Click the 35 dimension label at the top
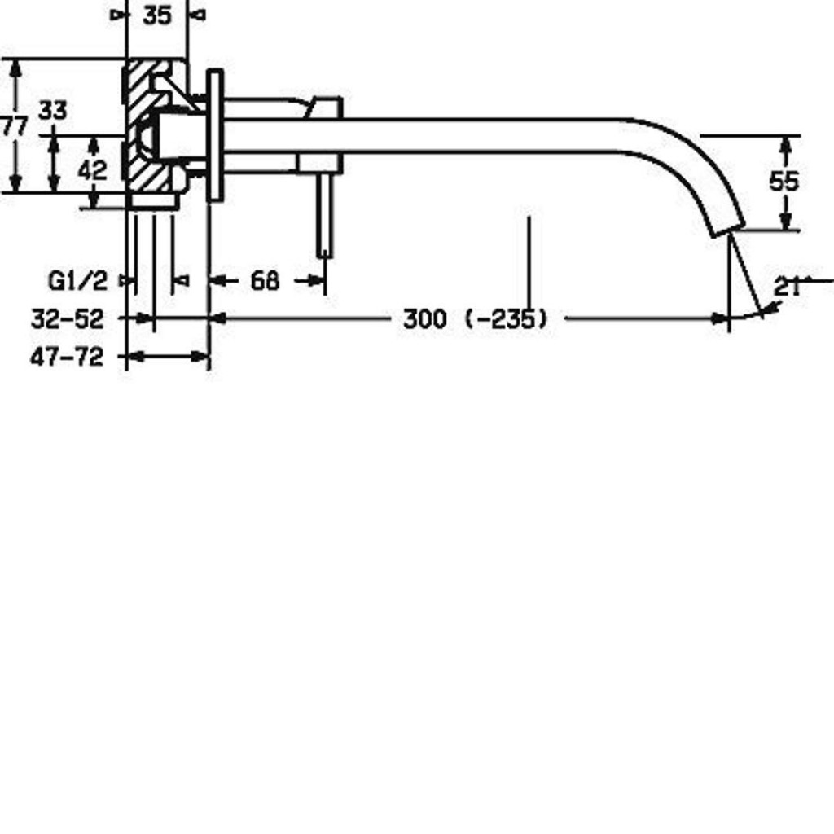pos(157,15)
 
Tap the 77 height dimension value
pos(14,127)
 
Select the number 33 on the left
pos(53,111)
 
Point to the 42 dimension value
pos(92,170)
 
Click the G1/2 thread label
pos(77,281)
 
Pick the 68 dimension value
pos(265,280)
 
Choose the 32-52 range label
pos(67,319)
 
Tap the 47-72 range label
pos(67,357)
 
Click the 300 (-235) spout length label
pos(475,318)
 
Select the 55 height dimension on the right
pos(784,182)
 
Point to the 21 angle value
pos(787,288)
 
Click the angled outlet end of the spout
pos(728,230)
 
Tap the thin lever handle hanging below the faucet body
pos(324,215)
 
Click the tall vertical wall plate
pos(215,135)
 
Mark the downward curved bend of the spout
pos(691,165)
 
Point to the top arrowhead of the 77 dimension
pos(16,68)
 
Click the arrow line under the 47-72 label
pos(168,357)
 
